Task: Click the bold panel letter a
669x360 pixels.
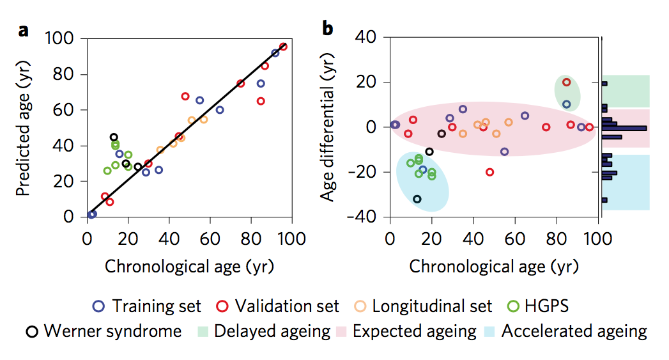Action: pos(24,29)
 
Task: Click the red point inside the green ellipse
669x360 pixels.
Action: pos(566,82)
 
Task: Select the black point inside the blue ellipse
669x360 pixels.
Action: pos(417,199)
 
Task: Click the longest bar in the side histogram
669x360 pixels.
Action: pos(624,128)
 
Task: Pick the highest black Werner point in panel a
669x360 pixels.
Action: pos(114,137)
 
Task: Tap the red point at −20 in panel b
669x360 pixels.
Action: pos(489,172)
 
